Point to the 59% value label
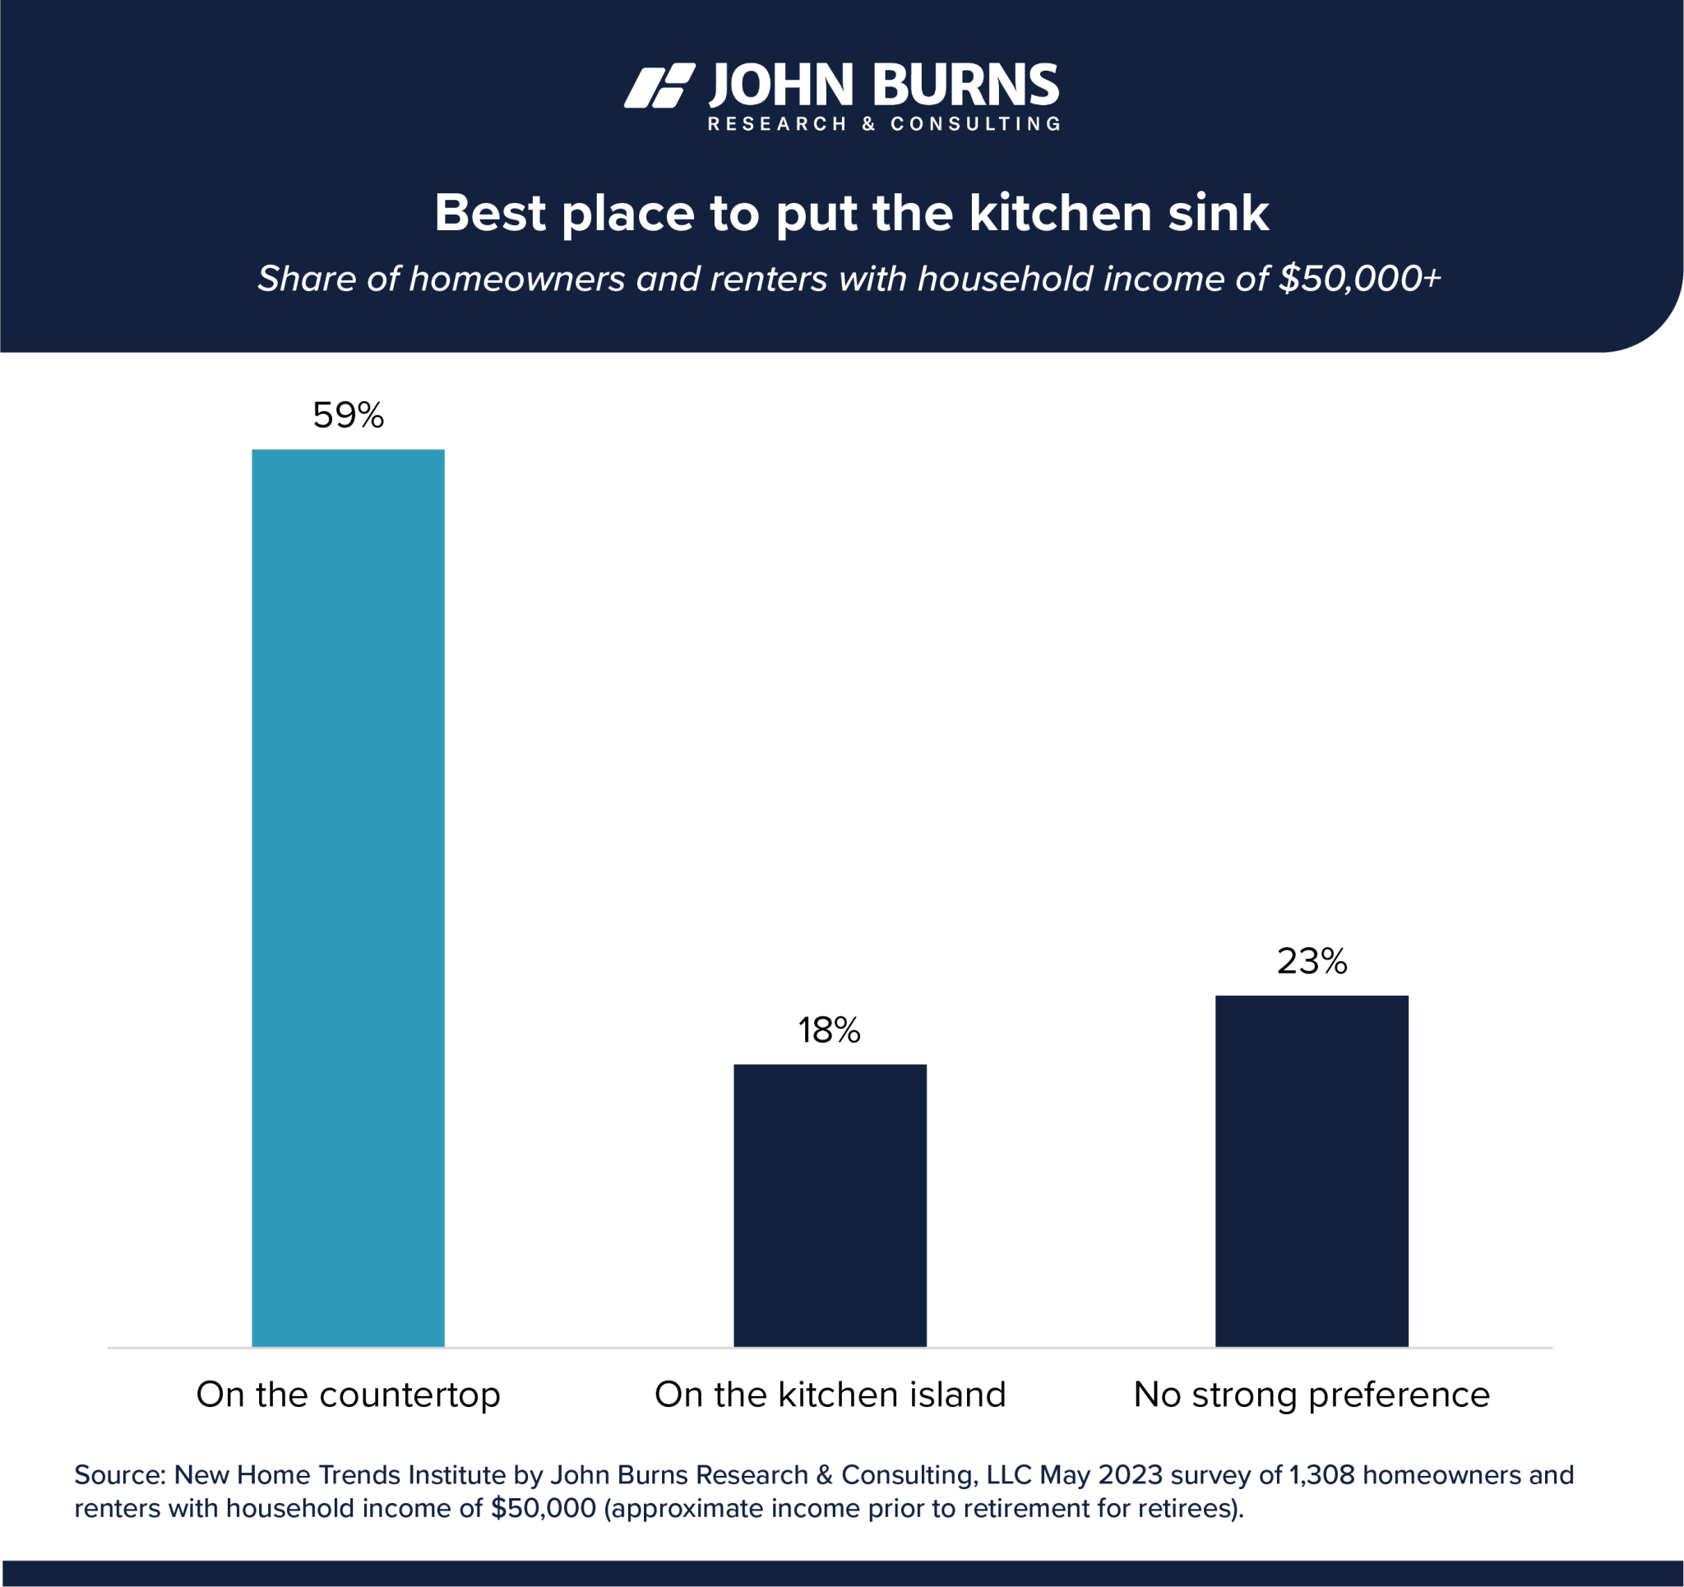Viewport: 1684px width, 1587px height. (348, 415)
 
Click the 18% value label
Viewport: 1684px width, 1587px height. (830, 1030)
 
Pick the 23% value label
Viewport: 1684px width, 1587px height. (1312, 961)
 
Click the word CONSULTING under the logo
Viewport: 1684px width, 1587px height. (975, 124)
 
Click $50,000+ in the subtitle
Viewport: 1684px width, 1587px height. (1358, 279)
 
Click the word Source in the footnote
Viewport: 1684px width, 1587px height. (119, 1475)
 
